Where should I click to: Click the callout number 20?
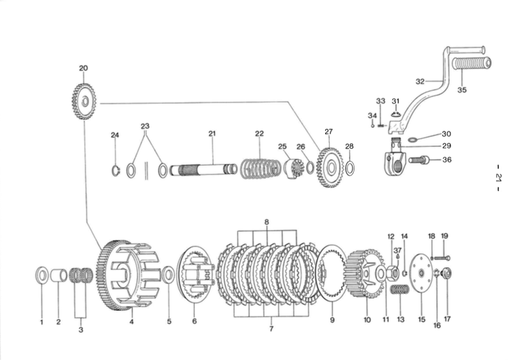pyautogui.click(x=83, y=68)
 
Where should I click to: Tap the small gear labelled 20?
pyautogui.click(x=84, y=101)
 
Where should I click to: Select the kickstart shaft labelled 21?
pyautogui.click(x=203, y=169)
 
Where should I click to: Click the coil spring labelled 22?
pyautogui.click(x=260, y=169)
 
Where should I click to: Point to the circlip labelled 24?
pyautogui.click(x=116, y=171)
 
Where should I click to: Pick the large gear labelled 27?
pyautogui.click(x=330, y=167)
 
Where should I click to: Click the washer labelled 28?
pyautogui.click(x=350, y=168)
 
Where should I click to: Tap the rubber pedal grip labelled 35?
pyautogui.click(x=471, y=64)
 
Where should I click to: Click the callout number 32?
pyautogui.click(x=420, y=82)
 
